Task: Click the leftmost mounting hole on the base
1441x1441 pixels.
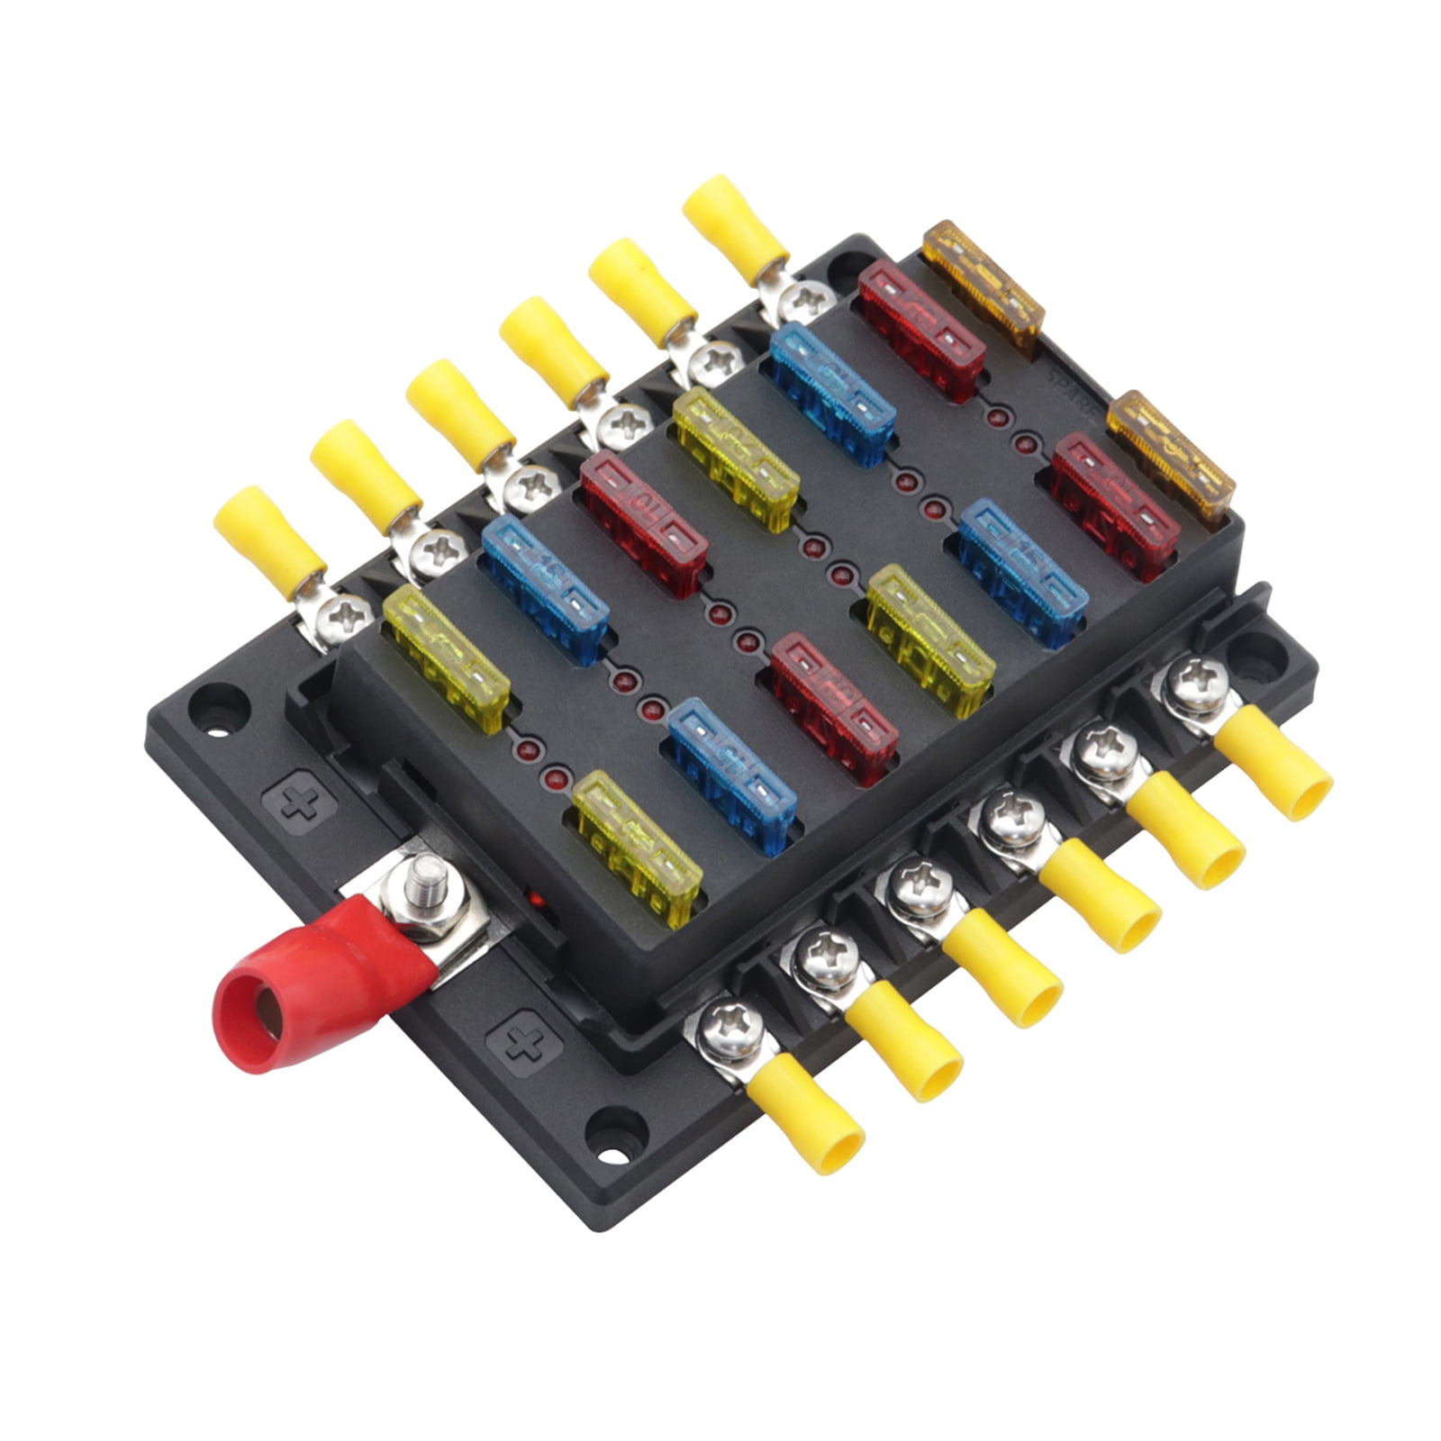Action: (215, 700)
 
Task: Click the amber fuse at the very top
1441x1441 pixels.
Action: (983, 281)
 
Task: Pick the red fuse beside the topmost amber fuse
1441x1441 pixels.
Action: (920, 331)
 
